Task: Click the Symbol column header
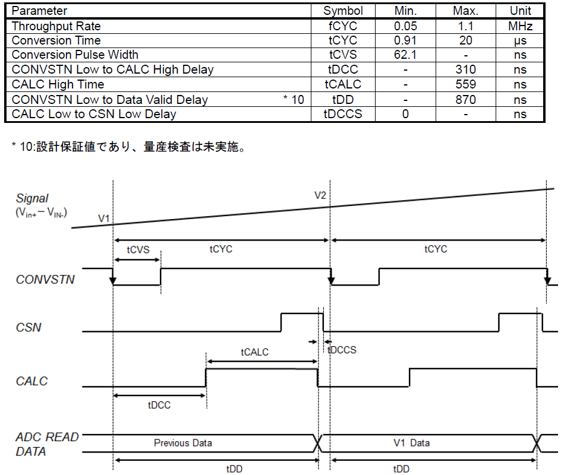(343, 11)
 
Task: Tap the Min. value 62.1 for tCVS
(405, 55)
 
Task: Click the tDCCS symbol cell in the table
(342, 114)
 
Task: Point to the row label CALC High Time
(58, 84)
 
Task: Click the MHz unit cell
(520, 26)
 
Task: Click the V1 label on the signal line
(104, 219)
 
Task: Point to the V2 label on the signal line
(320, 195)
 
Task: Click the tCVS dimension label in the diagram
(138, 250)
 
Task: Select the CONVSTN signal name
(45, 278)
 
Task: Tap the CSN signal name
(29, 327)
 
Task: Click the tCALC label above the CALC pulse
(254, 352)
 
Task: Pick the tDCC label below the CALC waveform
(159, 406)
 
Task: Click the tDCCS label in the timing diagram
(342, 350)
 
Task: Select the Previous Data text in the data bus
(183, 443)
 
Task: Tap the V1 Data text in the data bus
(411, 443)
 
